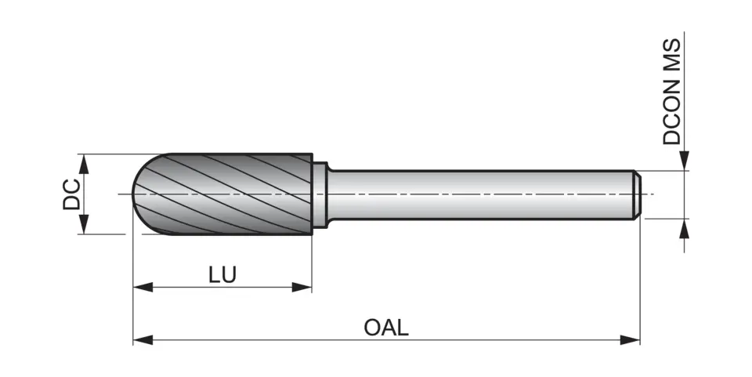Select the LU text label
(x=222, y=274)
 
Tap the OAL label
(x=386, y=328)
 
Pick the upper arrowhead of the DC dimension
(x=83, y=162)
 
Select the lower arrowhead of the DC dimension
(x=83, y=226)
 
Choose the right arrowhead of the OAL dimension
(x=631, y=340)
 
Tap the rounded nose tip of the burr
(x=136, y=194)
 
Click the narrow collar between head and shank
(x=320, y=194)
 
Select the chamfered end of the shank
(x=638, y=194)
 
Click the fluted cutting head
(x=227, y=194)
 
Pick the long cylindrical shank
(x=478, y=194)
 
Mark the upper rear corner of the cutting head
(x=311, y=155)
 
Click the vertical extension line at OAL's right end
(x=641, y=282)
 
